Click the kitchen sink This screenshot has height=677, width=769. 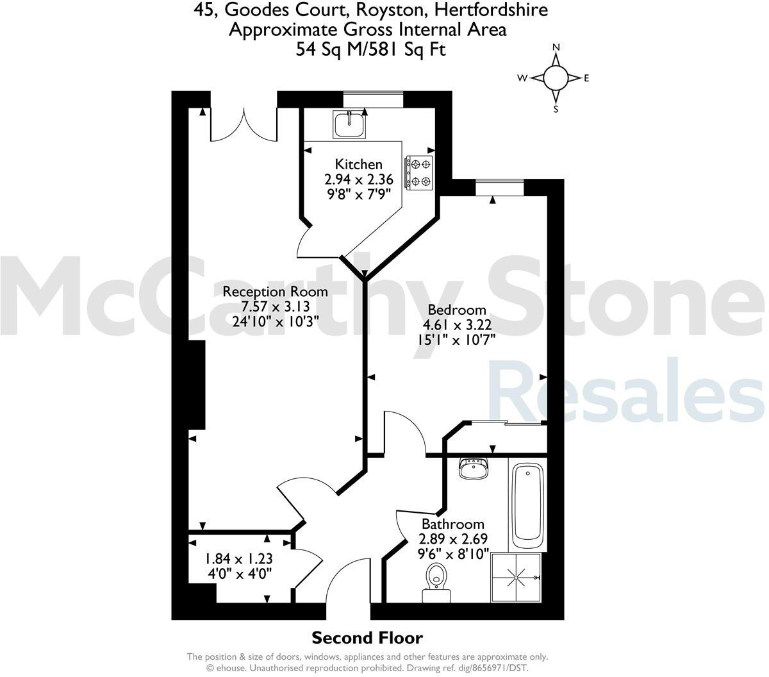click(349, 123)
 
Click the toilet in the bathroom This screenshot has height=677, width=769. click(437, 581)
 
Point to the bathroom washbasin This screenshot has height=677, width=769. click(474, 469)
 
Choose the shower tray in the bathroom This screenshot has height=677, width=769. click(516, 577)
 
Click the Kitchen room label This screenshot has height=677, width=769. click(359, 165)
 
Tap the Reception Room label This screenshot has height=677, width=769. click(275, 292)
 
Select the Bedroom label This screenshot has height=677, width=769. click(457, 310)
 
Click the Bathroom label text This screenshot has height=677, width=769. click(452, 524)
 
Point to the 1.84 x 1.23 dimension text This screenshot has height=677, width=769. click(238, 558)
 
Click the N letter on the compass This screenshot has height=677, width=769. click(556, 47)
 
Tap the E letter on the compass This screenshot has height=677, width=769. click(586, 78)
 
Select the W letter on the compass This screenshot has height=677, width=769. click(523, 78)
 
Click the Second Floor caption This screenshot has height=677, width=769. click(367, 638)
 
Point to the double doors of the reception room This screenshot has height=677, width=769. click(244, 126)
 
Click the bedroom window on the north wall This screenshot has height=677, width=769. click(499, 187)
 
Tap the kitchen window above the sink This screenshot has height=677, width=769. click(373, 99)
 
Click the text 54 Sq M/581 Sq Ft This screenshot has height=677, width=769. click(370, 49)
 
